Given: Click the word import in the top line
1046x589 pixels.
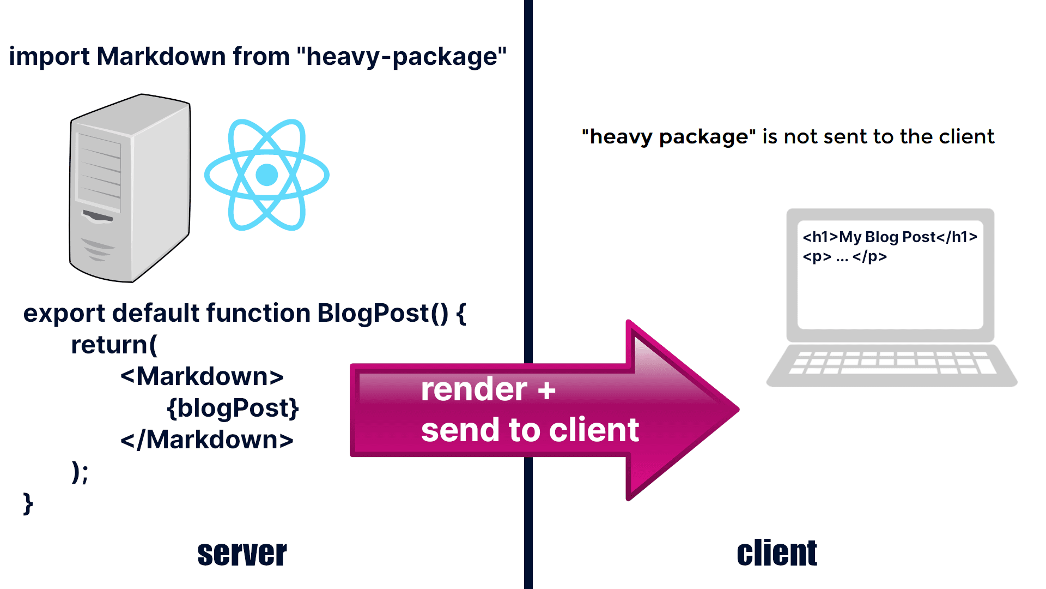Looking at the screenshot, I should pyautogui.click(x=49, y=57).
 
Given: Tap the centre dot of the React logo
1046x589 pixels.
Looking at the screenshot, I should pyautogui.click(x=267, y=175).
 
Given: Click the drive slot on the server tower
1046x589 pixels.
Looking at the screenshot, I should pyautogui.click(x=98, y=217).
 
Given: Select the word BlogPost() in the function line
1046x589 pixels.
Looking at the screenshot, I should pyautogui.click(x=382, y=314).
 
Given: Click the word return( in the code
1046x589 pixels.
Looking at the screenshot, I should pyautogui.click(x=114, y=345).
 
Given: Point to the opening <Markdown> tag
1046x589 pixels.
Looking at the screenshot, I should pyautogui.click(x=202, y=377).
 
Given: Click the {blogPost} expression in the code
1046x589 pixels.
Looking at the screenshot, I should pyautogui.click(x=233, y=408).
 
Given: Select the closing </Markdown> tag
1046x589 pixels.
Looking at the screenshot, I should pyautogui.click(x=206, y=440).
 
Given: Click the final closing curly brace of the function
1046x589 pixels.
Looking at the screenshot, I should pyautogui.click(x=28, y=503).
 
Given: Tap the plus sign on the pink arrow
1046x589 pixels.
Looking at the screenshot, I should pyautogui.click(x=546, y=390).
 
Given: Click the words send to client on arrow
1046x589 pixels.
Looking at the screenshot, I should pyautogui.click(x=530, y=430).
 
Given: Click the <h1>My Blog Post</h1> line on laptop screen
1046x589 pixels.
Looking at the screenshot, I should pyautogui.click(x=890, y=237).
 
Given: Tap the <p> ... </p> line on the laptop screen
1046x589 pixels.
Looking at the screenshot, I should pyautogui.click(x=844, y=257).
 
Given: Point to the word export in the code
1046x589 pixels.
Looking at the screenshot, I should pyautogui.click(x=64, y=314).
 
